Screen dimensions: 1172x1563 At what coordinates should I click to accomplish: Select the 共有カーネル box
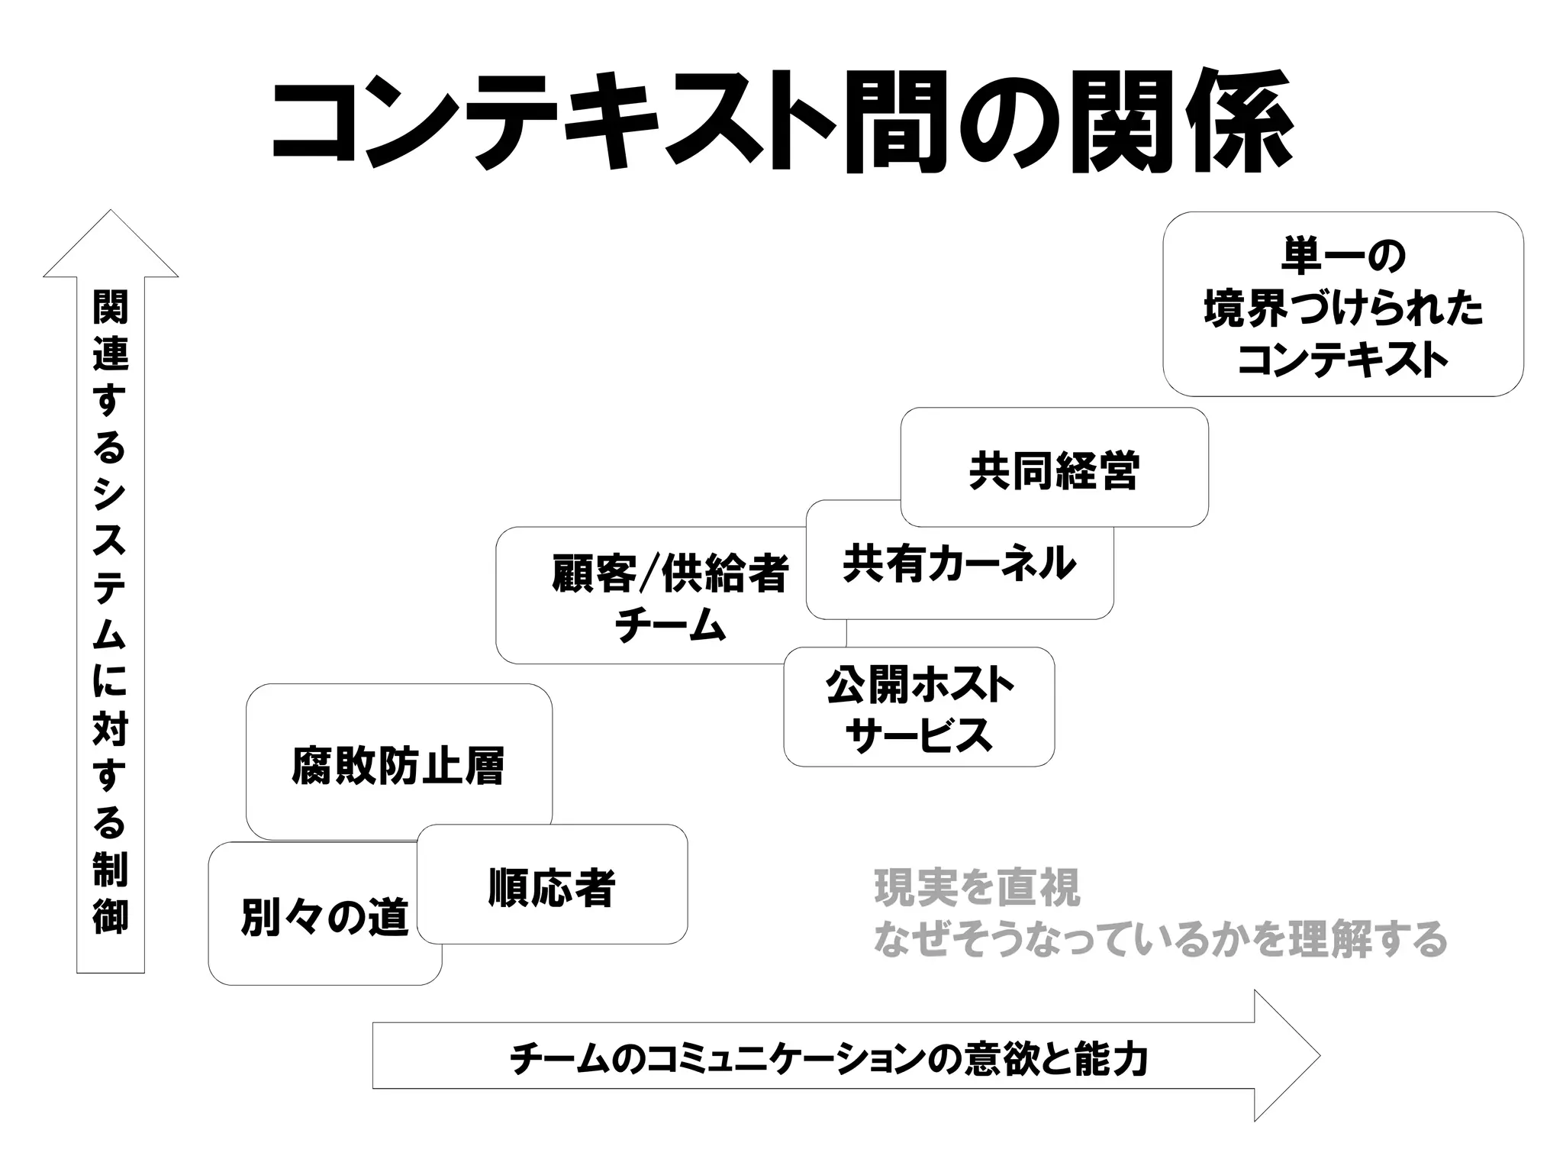coord(959,565)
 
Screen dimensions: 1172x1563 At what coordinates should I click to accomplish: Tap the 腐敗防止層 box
coord(398,766)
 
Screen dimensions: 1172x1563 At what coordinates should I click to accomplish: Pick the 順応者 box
coord(552,887)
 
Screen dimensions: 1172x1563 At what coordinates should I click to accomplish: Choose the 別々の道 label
coord(325,917)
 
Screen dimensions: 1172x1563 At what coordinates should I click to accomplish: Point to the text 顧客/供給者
coord(669,574)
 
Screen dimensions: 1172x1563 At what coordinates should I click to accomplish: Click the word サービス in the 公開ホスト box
coord(919,735)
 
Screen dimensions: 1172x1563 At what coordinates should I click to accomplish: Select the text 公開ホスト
coord(919,685)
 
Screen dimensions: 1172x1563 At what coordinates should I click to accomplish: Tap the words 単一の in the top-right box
coord(1342,256)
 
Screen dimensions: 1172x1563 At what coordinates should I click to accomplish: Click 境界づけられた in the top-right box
coord(1342,308)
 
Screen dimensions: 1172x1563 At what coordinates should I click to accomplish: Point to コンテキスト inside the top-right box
coord(1342,360)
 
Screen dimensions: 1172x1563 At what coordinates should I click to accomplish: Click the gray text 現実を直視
coord(977,888)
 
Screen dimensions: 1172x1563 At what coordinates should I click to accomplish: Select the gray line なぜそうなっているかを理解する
coord(1160,940)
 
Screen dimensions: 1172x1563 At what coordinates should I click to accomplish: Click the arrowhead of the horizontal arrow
coord(1290,1055)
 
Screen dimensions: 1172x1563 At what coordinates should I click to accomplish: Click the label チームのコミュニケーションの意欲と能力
coord(828,1058)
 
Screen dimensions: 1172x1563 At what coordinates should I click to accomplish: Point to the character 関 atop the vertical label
coord(111,307)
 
